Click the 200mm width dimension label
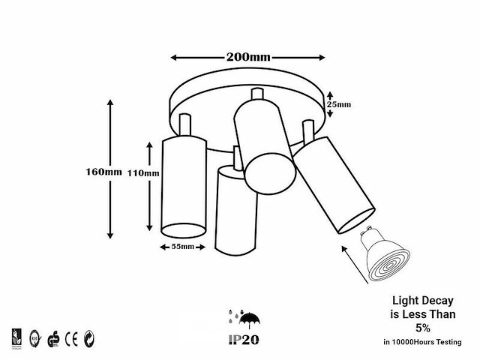(248, 57)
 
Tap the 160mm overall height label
(103, 172)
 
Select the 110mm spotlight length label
(143, 173)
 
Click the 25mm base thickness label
(341, 105)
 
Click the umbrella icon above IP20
(246, 315)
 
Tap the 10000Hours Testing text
(424, 342)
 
